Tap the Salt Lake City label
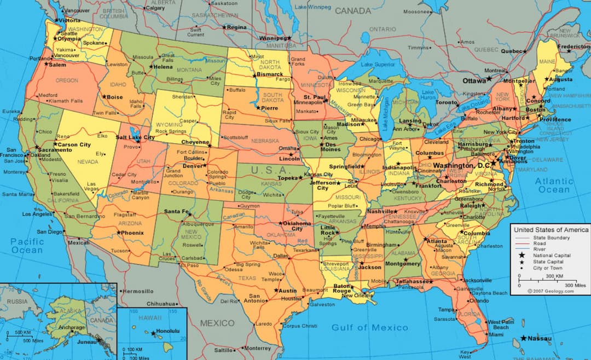(134, 138)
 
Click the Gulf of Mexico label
(369, 327)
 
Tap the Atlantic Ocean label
(553, 185)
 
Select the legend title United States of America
(551, 230)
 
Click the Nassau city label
(540, 339)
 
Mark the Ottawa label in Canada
(474, 80)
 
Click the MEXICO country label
(217, 323)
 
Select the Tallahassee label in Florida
(412, 281)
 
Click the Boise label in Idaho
(115, 97)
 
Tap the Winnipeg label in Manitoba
(273, 38)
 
